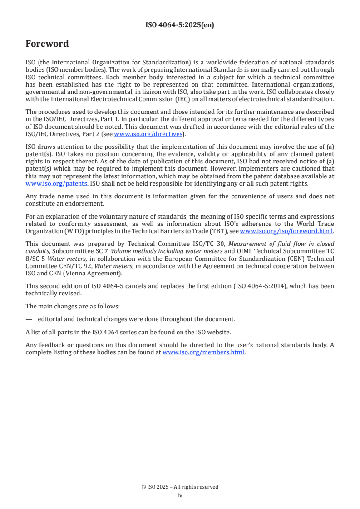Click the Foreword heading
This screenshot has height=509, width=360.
[x=47, y=44]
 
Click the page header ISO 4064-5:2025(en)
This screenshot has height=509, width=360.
[x=180, y=25]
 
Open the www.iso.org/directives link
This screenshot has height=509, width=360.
[x=148, y=134]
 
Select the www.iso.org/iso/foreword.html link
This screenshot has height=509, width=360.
[x=286, y=231]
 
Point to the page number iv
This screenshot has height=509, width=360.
[x=180, y=495]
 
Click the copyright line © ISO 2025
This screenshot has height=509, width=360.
[x=180, y=487]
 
